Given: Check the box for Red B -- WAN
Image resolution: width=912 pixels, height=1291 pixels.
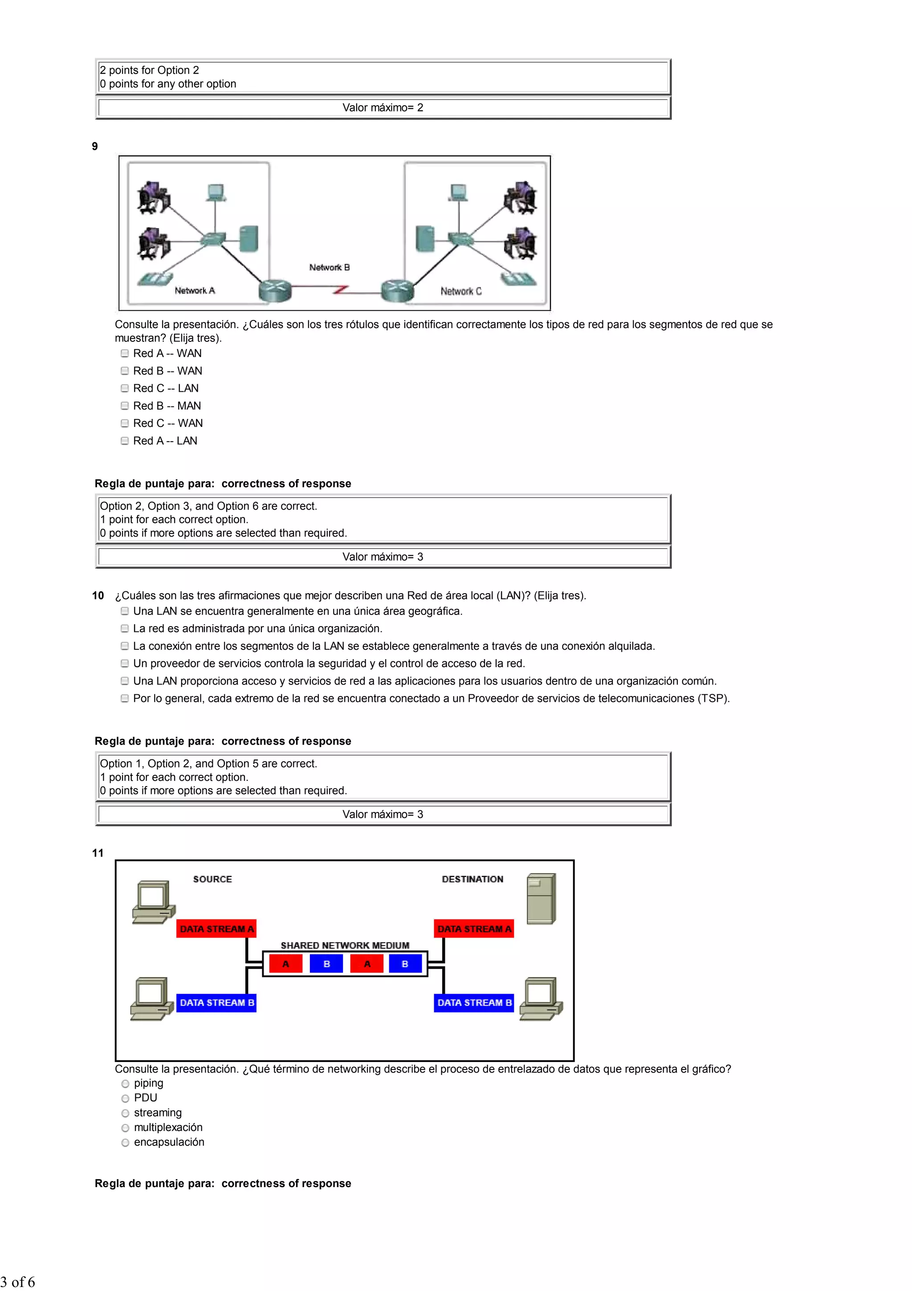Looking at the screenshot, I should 125,371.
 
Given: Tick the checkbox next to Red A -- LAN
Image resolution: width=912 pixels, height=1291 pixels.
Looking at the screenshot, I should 125,441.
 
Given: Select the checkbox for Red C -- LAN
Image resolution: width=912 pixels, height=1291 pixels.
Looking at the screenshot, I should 125,389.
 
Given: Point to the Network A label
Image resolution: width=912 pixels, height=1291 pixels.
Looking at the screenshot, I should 195,291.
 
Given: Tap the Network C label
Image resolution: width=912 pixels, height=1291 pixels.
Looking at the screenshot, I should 461,291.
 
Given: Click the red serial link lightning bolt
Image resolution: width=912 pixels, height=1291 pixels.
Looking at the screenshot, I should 341,290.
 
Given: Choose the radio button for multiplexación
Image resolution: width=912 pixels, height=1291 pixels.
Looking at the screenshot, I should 125,1127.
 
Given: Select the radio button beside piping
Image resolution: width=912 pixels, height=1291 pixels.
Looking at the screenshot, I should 125,1083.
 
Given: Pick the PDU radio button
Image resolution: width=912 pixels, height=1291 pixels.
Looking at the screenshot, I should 125,1098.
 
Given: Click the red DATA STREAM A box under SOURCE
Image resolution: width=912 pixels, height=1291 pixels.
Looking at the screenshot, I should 216,929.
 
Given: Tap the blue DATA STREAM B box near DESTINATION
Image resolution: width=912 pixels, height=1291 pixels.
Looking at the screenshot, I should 474,1003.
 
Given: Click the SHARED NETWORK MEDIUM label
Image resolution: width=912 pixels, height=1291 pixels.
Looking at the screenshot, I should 345,946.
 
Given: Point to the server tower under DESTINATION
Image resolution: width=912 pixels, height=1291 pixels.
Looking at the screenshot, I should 541,898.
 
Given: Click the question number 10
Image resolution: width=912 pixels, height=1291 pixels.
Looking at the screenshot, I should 98,595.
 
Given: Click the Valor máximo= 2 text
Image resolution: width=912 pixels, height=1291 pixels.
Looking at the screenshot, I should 383,108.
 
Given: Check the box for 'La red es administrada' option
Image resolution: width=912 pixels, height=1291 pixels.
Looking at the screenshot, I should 125,629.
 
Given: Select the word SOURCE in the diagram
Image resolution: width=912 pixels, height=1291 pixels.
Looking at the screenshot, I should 212,879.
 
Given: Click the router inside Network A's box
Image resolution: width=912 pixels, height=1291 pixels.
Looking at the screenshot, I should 275,290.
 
